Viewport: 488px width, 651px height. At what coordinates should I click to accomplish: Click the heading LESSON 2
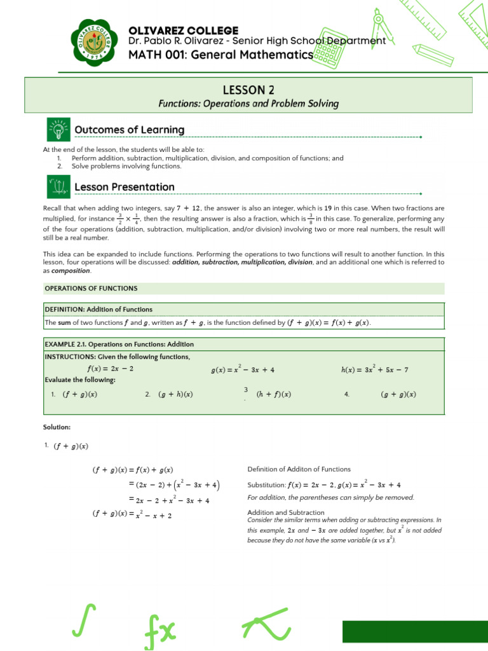click(x=248, y=90)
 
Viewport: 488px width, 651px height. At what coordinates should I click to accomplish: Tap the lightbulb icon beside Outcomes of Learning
click(x=58, y=130)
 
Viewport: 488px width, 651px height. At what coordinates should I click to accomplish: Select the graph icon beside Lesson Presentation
click(x=58, y=187)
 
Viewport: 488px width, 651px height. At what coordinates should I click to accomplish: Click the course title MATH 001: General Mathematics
click(x=220, y=55)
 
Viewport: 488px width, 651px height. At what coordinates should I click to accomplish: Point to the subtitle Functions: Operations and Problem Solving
click(x=248, y=104)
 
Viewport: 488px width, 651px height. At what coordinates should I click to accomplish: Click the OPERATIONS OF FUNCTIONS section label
click(x=90, y=288)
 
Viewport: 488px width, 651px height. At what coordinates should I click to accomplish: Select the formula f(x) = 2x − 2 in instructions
click(x=110, y=368)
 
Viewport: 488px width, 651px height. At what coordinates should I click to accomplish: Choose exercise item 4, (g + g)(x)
click(x=398, y=394)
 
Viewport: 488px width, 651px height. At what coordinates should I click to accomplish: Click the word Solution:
click(x=57, y=427)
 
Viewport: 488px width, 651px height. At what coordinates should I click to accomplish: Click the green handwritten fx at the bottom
click(x=162, y=629)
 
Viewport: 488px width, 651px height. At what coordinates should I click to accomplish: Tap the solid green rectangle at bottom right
click(x=415, y=632)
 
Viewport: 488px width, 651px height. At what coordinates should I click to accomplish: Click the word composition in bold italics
click(x=71, y=270)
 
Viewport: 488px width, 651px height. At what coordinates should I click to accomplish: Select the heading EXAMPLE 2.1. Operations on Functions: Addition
click(x=119, y=344)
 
